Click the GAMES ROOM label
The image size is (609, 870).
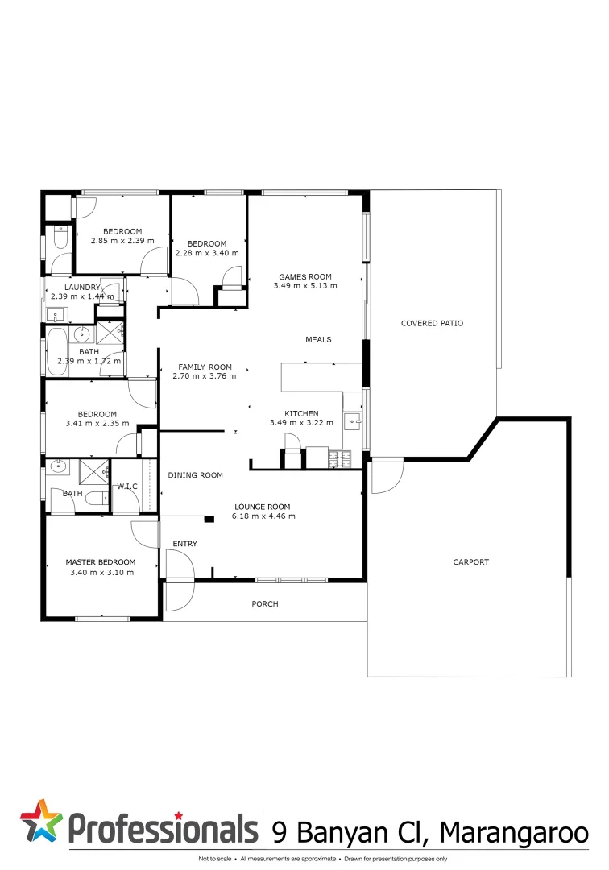point(304,276)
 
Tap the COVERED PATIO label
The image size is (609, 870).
point(432,323)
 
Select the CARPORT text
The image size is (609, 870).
point(470,562)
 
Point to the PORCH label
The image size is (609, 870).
point(265,603)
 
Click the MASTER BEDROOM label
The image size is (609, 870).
point(101,562)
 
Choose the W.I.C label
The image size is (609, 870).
point(128,486)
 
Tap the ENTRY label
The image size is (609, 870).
point(184,544)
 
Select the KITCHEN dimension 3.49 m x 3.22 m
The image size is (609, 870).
point(301,423)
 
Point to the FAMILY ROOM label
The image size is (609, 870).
point(205,367)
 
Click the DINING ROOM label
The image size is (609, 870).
point(195,475)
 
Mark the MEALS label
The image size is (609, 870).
point(318,339)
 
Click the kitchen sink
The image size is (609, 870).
point(352,420)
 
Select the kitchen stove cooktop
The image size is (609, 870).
point(341,459)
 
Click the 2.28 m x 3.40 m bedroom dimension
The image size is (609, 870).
point(207,253)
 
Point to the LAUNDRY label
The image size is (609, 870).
point(83,287)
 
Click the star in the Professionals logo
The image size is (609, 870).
point(42,822)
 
